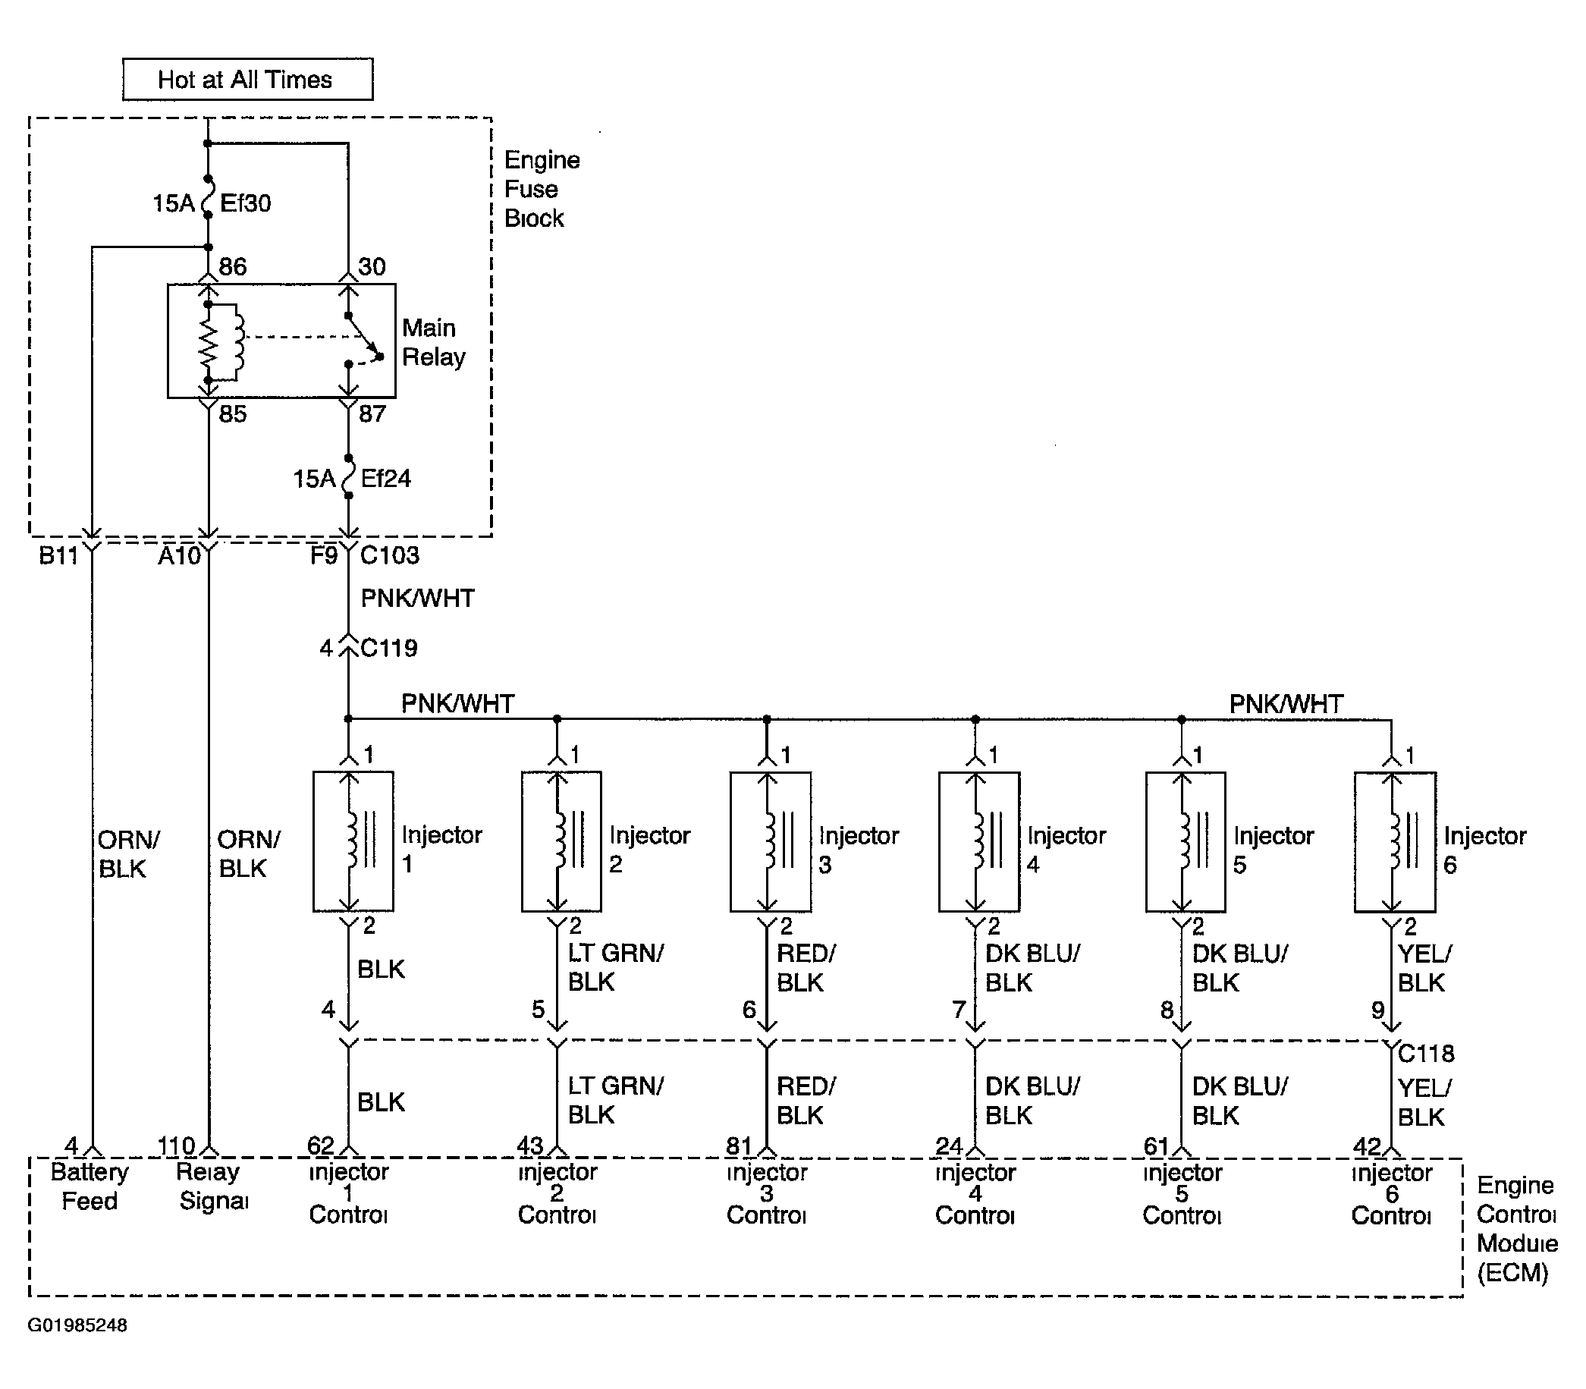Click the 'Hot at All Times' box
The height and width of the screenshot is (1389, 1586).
[247, 79]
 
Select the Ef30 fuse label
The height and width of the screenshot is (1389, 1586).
[245, 203]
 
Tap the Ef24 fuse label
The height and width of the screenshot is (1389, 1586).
[385, 478]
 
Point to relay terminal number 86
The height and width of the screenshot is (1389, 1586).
[232, 266]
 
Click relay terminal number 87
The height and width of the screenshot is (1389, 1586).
[372, 414]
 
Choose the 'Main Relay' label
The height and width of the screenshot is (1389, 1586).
[433, 342]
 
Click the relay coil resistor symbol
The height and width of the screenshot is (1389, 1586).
[208, 342]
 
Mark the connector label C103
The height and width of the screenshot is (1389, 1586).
[390, 555]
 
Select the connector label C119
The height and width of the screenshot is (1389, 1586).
[389, 647]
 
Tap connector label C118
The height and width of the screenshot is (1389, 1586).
[1427, 1054]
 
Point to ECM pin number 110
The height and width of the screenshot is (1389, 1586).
[177, 1145]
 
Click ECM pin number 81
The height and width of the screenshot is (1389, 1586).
[740, 1145]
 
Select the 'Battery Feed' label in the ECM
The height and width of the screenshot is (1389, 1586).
[89, 1186]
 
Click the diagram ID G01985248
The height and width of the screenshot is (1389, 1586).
[77, 1325]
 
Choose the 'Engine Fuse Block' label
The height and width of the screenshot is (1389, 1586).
[542, 189]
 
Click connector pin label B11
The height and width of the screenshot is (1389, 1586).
[59, 556]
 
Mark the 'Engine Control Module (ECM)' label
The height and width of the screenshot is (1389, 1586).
[1517, 1228]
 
